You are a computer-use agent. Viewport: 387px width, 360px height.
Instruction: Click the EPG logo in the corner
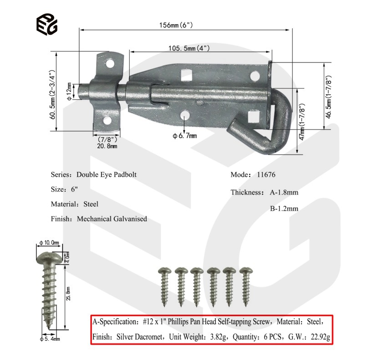47,24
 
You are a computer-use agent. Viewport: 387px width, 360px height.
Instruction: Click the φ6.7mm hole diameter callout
184,135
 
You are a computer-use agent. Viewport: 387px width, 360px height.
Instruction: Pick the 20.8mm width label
107,146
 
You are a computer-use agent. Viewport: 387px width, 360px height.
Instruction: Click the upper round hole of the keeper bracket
110,64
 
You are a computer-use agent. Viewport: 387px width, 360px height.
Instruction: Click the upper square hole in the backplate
185,73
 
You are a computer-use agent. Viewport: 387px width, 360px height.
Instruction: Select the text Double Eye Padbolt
107,175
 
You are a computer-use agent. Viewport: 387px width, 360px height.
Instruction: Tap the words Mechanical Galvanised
112,219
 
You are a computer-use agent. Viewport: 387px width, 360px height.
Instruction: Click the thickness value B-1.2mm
284,209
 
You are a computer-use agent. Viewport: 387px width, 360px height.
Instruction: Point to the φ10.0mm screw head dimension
49,243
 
